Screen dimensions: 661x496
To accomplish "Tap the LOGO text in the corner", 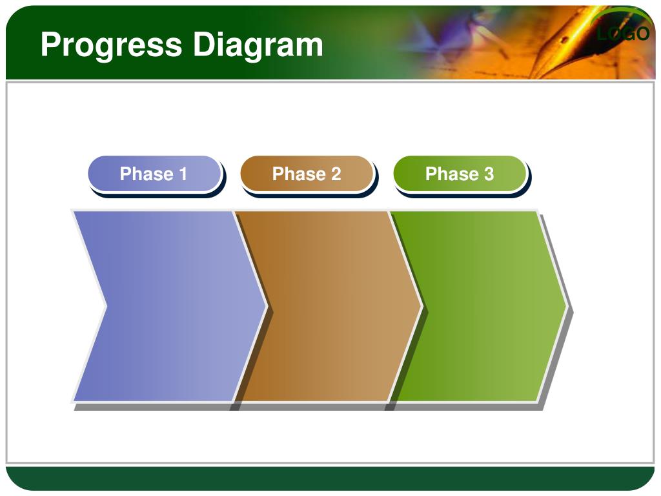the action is point(623,34).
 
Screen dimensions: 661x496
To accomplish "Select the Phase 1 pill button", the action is point(155,174).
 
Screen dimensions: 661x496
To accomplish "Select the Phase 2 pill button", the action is point(307,174).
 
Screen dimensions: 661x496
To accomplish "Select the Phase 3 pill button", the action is point(460,174).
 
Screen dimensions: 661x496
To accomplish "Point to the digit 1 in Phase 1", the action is point(183,174).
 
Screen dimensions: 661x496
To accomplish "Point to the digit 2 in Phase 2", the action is point(336,174).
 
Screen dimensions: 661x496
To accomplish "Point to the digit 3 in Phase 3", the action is point(489,174).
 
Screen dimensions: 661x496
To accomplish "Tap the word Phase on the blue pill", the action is point(147,174).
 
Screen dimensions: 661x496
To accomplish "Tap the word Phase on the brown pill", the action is point(299,174).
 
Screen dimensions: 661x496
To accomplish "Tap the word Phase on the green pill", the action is point(452,174).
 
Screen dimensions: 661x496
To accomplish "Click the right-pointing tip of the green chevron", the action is point(567,306).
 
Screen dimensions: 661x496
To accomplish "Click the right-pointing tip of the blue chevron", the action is point(267,306).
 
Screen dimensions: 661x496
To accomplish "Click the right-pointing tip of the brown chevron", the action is point(422,306).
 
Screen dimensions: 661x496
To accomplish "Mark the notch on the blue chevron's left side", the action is point(107,306).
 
